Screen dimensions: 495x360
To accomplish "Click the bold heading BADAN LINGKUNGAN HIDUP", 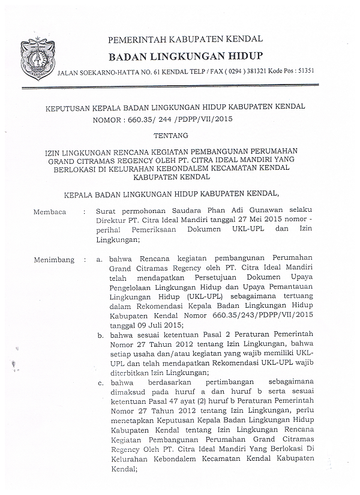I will (185, 56).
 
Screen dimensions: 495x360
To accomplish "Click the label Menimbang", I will (54, 260).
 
